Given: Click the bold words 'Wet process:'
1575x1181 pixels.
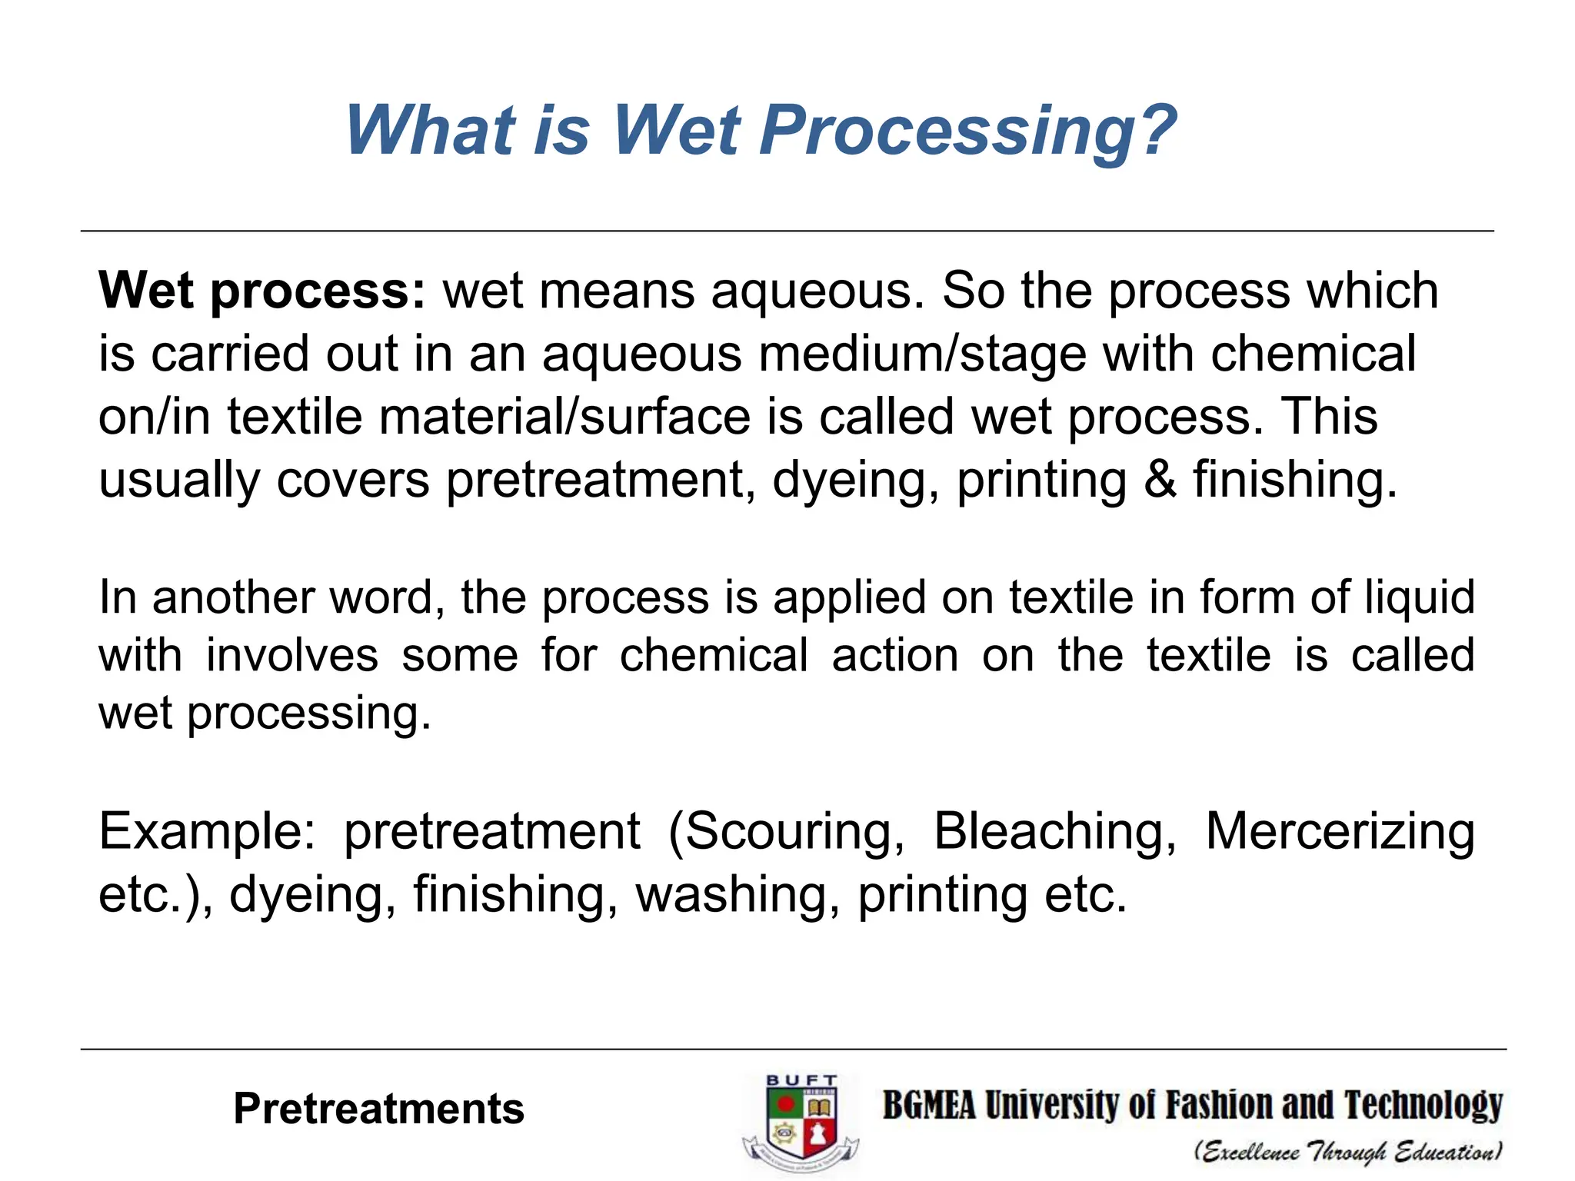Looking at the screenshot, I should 261,291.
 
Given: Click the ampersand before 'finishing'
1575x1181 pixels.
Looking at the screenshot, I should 1160,479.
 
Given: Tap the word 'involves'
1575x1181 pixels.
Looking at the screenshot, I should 292,656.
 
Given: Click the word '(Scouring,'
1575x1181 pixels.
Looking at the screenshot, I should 786,832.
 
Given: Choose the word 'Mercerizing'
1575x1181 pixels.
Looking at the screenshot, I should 1340,832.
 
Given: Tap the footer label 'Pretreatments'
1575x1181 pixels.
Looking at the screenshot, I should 378,1109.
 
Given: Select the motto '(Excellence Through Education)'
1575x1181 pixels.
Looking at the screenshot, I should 1347,1152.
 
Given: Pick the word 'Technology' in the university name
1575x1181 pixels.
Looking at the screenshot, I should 1423,1106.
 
